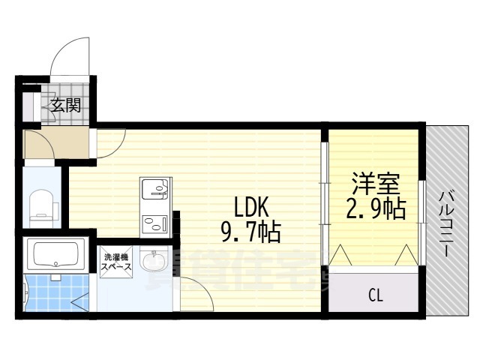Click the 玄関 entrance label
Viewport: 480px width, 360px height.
click(65, 105)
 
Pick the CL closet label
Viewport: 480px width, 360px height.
click(375, 295)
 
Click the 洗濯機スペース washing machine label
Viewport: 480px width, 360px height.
click(117, 262)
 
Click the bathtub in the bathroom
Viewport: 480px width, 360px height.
click(54, 255)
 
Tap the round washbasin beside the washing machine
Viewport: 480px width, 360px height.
click(155, 263)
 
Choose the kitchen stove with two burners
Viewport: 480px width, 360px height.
click(155, 221)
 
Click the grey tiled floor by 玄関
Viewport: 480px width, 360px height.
click(36, 106)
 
